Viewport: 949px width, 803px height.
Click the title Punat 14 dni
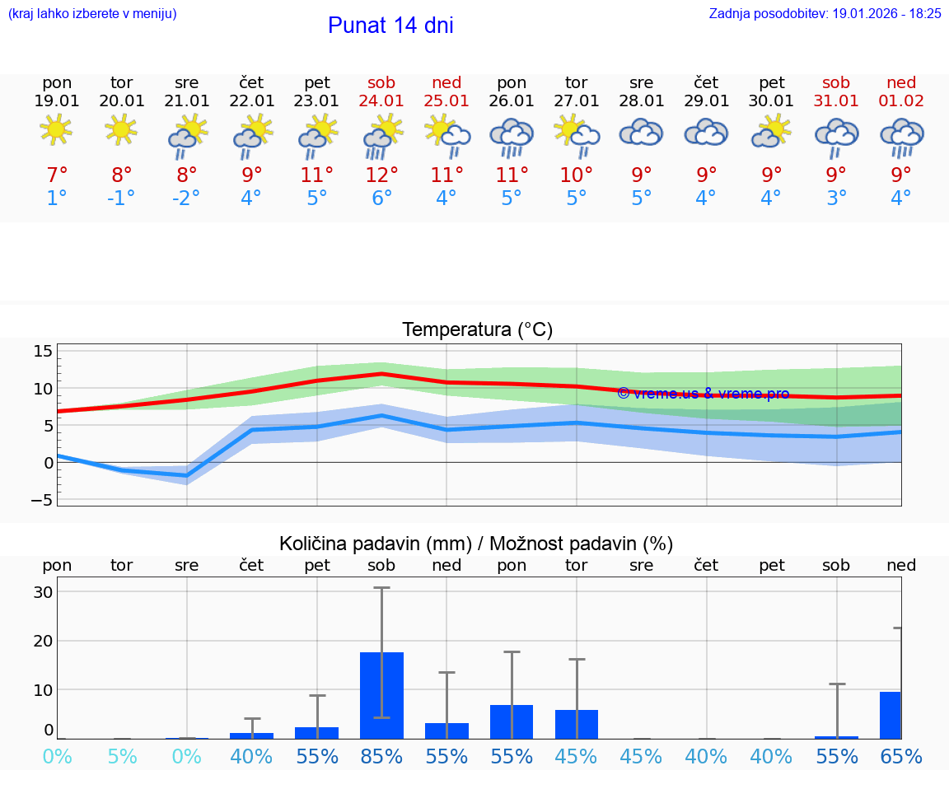[x=390, y=26]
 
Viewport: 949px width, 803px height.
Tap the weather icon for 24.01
[x=382, y=136]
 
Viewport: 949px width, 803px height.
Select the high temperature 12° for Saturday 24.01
[x=382, y=175]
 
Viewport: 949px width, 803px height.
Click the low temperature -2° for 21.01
[x=186, y=198]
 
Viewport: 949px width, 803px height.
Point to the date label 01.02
[x=901, y=101]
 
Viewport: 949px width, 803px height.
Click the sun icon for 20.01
[x=122, y=129]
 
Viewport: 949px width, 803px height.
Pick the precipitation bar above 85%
[x=382, y=695]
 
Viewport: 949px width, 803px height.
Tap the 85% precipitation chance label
[x=382, y=756]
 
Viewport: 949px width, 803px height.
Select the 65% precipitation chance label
[x=901, y=756]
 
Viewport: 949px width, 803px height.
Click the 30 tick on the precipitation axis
[x=43, y=592]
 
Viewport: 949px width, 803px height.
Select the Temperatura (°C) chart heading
[x=477, y=330]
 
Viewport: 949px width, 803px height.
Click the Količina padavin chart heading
[x=476, y=544]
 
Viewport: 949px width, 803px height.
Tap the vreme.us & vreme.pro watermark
[x=703, y=394]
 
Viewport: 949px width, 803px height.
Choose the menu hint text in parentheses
[x=92, y=14]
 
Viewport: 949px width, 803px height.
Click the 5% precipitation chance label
[x=122, y=756]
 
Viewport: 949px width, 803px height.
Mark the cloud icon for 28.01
[x=642, y=133]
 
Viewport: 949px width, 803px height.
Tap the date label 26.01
[x=512, y=101]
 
